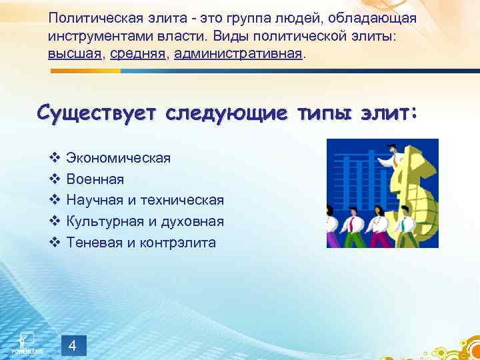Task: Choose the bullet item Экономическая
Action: [118, 158]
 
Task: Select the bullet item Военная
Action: [95, 179]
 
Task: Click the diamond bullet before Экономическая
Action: [55, 158]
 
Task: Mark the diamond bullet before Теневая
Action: [55, 243]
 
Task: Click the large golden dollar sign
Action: [417, 190]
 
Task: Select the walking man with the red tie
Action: [351, 223]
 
